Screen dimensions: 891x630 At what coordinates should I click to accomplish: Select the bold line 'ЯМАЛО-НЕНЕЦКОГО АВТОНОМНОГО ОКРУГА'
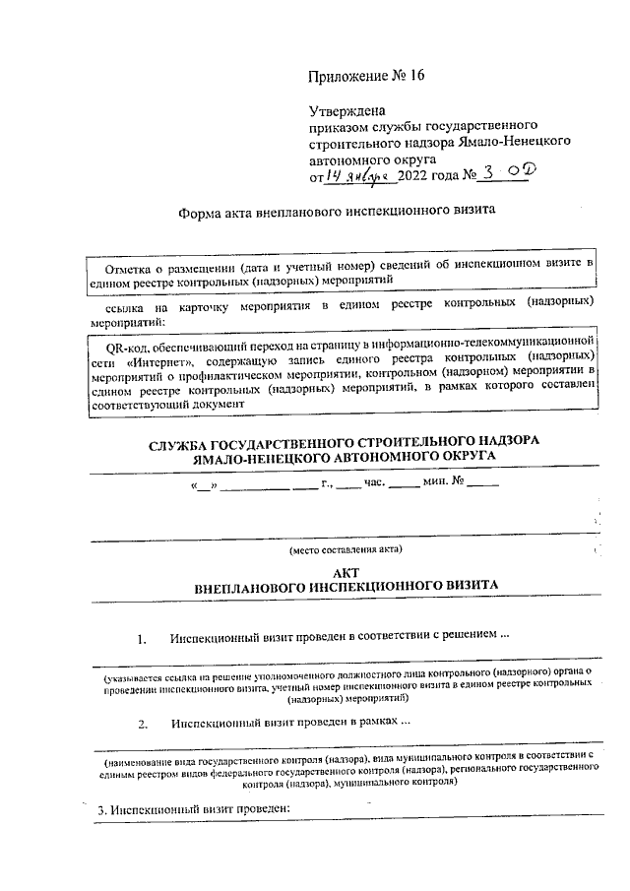tap(344, 458)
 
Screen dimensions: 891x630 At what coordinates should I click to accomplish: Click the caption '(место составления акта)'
tap(345, 548)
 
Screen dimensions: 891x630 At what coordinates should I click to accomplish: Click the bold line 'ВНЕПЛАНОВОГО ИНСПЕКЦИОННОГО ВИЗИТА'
tap(346, 586)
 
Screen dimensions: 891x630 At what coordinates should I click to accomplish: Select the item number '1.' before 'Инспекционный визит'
tap(143, 638)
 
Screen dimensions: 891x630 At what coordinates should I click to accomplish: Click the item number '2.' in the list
tap(143, 724)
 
